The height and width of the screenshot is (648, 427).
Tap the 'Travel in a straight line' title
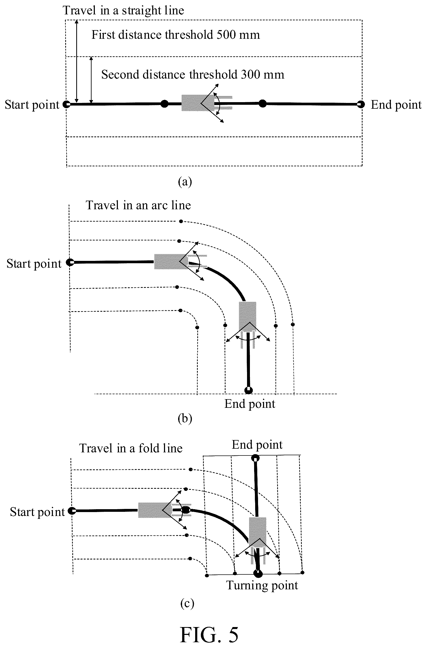click(123, 11)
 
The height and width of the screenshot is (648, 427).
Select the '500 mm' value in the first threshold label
click(238, 35)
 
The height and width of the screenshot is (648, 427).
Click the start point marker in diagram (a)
click(67, 104)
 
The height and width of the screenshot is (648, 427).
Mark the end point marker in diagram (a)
click(361, 104)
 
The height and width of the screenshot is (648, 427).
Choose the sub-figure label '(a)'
click(185, 182)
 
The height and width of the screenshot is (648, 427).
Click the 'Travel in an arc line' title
click(138, 205)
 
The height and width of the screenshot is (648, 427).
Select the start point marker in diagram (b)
click(70, 262)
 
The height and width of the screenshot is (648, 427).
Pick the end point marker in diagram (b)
click(248, 390)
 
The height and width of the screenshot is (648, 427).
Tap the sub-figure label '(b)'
click(185, 418)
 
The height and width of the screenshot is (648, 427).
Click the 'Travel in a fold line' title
click(131, 448)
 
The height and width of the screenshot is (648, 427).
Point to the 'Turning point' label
click(262, 585)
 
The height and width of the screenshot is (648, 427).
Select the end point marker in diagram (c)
click(255, 458)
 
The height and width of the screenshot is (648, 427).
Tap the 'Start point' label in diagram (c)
click(37, 512)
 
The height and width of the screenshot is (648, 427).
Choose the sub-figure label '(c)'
click(187, 603)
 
